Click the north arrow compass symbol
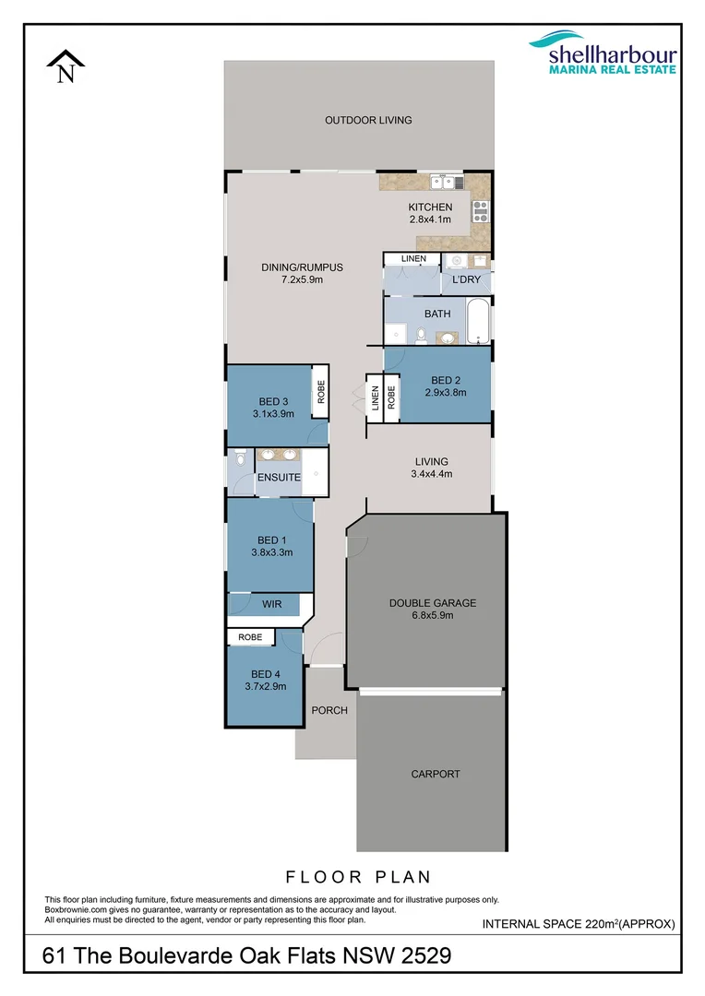click(66, 67)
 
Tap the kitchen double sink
click(439, 182)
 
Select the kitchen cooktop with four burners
click(480, 210)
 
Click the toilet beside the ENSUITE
click(238, 460)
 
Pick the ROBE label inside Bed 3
click(320, 393)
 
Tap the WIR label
click(271, 605)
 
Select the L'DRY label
click(465, 279)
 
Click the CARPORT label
click(435, 775)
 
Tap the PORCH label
click(329, 710)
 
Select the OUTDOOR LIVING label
click(367, 120)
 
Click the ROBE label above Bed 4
click(250, 637)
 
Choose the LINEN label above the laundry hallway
click(413, 258)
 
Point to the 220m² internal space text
click(603, 923)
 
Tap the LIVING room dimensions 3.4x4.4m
click(431, 474)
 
